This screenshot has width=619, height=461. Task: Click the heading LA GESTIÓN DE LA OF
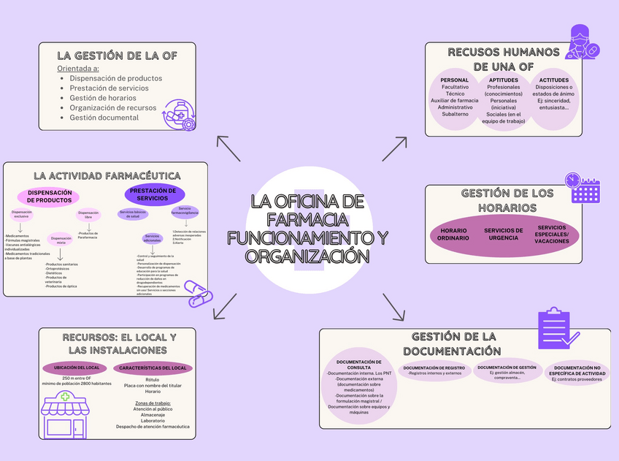[117, 55]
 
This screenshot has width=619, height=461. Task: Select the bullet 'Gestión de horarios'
[104, 98]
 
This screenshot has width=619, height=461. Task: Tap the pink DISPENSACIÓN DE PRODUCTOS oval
[50, 196]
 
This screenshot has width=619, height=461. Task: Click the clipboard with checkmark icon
[558, 328]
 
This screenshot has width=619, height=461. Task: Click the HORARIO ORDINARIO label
[453, 235]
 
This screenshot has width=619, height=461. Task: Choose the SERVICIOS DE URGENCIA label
[504, 234]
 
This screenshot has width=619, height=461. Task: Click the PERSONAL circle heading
[455, 80]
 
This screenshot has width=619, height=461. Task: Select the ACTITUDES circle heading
[554, 80]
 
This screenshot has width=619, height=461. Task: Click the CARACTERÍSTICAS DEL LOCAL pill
[152, 367]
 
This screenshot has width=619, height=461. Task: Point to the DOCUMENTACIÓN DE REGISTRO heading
[434, 367]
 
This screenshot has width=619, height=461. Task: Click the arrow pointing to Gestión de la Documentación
[394, 307]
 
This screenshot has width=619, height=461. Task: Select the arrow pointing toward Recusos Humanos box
[395, 148]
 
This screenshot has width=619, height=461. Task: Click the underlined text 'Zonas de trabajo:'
[152, 403]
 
